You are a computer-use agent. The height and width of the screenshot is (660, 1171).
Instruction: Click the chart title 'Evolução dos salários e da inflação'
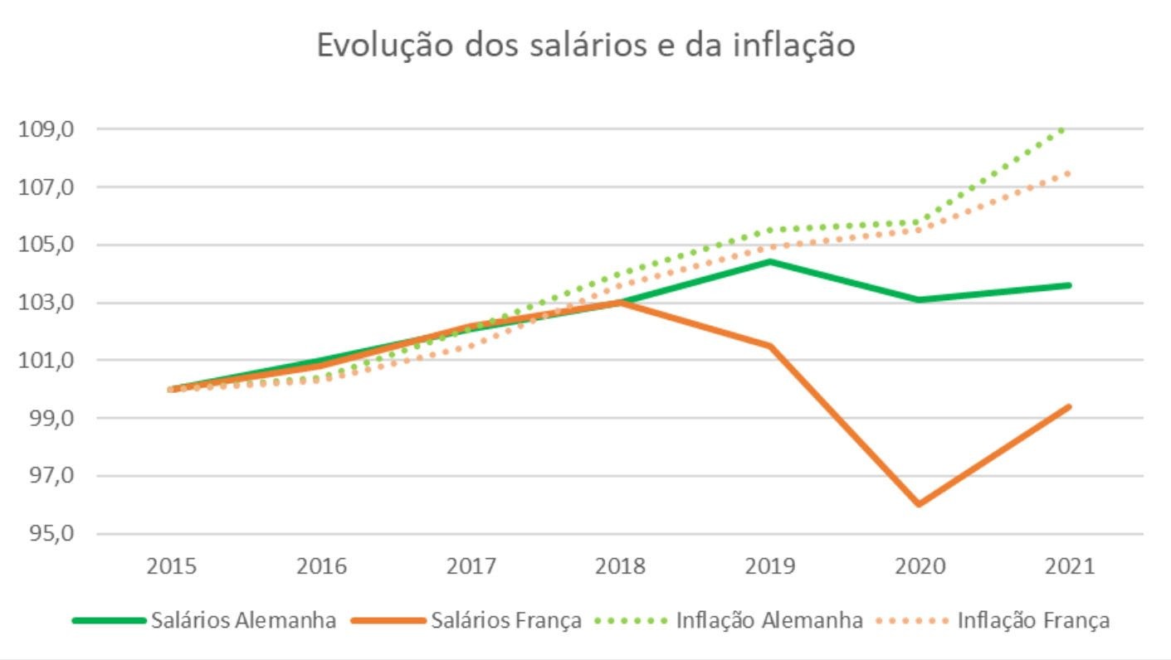coord(585,45)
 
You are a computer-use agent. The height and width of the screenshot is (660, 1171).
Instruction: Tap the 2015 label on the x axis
coord(172,567)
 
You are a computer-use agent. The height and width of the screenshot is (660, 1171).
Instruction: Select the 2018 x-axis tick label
coord(621,567)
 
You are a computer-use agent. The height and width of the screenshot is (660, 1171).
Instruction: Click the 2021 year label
coord(1069,567)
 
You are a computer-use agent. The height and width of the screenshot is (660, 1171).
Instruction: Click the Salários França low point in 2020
coord(920,504)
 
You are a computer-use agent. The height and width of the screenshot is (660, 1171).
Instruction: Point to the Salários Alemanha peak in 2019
coord(770,262)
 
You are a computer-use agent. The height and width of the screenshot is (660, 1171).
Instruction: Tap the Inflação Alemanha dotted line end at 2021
coord(1064,129)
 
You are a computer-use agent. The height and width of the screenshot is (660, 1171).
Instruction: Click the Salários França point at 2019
coord(770,346)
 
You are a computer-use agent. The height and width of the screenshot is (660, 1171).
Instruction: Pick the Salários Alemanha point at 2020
coord(920,299)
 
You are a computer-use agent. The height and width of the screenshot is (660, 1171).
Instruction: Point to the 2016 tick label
coord(321,567)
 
